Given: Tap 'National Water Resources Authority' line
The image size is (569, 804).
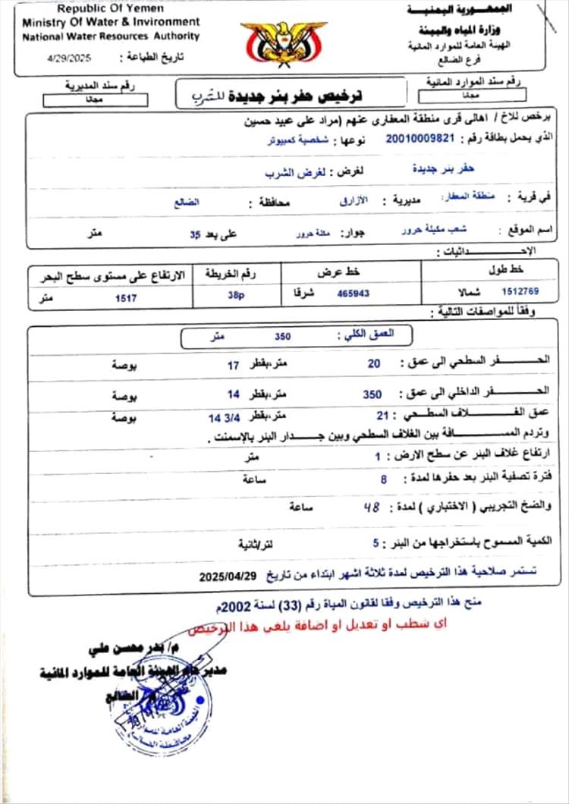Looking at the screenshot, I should (x=111, y=36).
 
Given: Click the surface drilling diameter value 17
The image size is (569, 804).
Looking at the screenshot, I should (x=234, y=365).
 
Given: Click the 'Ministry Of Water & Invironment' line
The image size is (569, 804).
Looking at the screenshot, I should (x=111, y=22).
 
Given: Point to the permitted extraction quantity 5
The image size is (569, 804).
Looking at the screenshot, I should (x=375, y=544).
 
